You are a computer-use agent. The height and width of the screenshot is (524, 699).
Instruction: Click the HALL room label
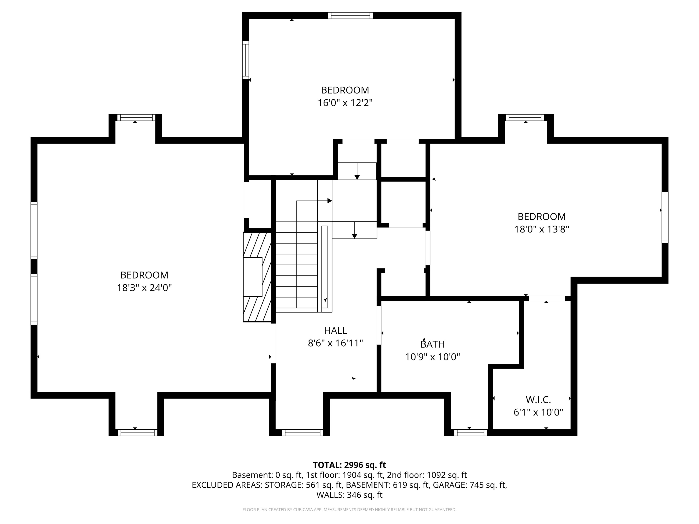tap(335, 330)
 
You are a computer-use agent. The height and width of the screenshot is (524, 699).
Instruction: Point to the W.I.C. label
tap(538, 400)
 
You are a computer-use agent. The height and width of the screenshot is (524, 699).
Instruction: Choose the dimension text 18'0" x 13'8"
tap(541, 229)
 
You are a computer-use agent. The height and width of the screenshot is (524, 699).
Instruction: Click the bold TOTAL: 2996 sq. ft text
tap(349, 465)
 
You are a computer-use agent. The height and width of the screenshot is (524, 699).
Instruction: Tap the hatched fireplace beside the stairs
tap(257, 277)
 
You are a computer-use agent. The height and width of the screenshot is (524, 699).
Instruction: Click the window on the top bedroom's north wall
tap(350, 15)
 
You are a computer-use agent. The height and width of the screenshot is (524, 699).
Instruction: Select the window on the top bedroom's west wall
tap(246, 60)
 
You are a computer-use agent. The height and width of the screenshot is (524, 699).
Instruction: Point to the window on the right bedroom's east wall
tap(665, 217)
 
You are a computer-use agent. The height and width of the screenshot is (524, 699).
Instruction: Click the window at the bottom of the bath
tap(471, 433)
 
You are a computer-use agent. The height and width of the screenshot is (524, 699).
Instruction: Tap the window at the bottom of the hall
tap(302, 433)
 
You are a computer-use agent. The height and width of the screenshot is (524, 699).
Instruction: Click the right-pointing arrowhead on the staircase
tap(330, 201)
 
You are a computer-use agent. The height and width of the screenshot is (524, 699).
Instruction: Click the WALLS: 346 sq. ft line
tap(349, 495)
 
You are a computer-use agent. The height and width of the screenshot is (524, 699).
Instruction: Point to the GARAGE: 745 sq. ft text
tap(469, 485)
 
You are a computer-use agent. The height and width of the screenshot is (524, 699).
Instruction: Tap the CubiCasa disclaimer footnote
tap(349, 509)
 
